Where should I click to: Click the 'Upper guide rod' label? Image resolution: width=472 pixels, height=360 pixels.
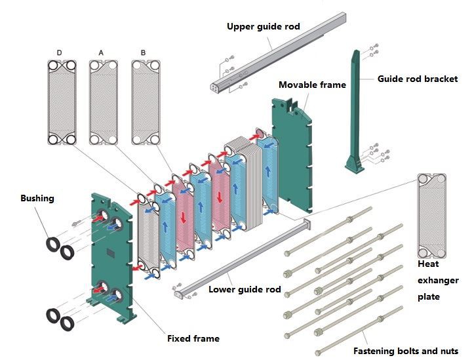point(263,27)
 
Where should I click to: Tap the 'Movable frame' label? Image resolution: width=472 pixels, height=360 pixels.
point(312,85)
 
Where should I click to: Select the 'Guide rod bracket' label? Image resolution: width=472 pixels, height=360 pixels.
point(417,79)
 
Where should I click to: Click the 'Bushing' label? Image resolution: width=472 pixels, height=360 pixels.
point(38,197)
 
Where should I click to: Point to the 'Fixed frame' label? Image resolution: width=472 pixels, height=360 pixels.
point(193,338)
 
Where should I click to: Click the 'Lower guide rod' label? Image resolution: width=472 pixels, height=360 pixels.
point(245,289)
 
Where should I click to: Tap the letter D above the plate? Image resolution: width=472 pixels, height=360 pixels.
point(60,52)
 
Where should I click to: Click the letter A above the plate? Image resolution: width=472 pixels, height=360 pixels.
point(101,52)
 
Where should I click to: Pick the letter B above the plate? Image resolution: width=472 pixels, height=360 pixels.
point(143,52)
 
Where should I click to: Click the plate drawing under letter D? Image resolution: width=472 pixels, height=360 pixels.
point(61,102)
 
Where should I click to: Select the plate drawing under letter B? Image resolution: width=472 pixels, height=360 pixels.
point(146,102)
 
